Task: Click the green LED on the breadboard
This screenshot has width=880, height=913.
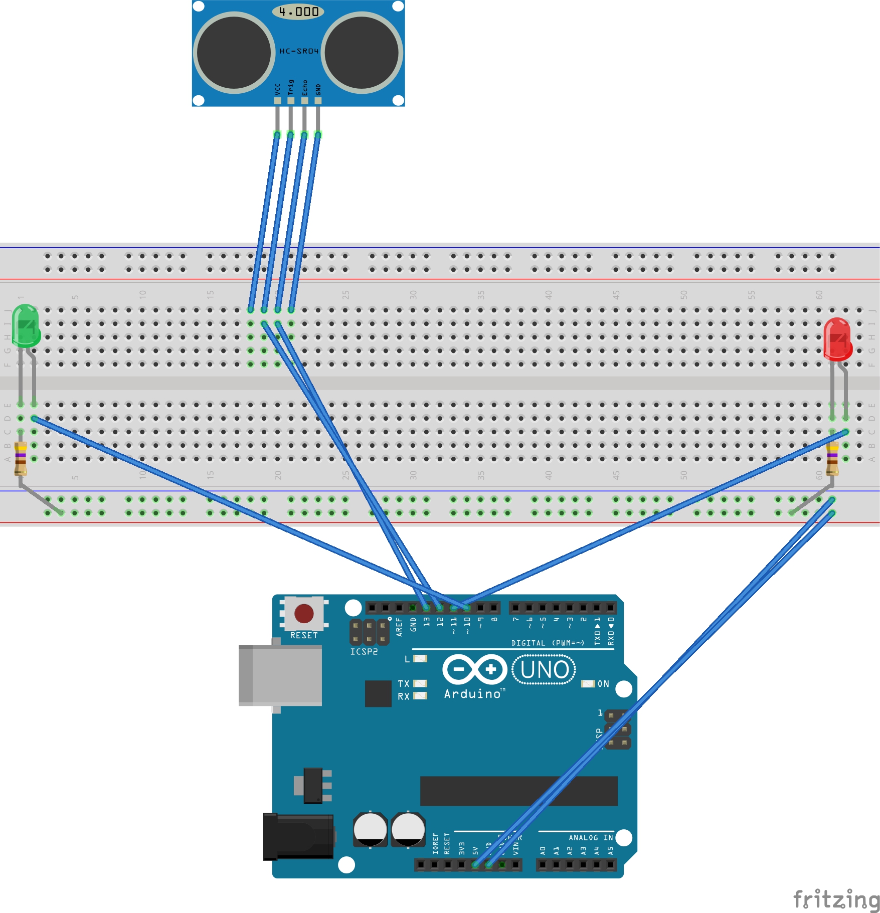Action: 25,326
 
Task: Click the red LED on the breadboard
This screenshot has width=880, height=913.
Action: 837,339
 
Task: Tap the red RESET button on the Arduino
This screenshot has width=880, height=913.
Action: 304,613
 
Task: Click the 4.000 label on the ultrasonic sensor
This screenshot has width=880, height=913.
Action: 298,12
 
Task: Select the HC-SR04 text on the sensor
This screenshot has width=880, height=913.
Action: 299,51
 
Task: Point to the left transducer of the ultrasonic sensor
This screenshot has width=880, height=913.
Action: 234,53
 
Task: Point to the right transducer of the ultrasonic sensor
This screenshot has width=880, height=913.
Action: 362,53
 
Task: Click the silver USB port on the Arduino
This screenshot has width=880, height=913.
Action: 281,675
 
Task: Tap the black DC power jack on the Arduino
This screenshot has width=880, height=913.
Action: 298,836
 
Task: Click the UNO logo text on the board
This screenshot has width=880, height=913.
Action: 544,670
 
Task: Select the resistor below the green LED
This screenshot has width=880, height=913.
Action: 21,458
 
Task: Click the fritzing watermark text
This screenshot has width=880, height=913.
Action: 836,899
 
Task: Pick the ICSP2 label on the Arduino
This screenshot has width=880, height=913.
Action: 364,652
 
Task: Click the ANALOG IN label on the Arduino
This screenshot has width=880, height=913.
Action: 591,838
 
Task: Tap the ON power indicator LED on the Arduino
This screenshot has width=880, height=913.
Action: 588,684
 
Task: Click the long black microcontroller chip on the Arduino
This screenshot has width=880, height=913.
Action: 518,791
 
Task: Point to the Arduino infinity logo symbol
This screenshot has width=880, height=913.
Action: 474,669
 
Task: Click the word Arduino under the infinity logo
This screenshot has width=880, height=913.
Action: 472,694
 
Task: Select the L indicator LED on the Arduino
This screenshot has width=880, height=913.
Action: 420,659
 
